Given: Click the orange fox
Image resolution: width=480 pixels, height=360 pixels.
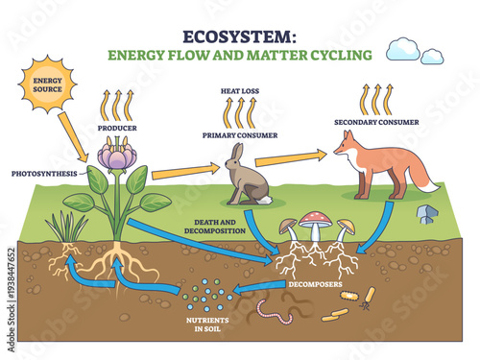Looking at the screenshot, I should coord(370,163).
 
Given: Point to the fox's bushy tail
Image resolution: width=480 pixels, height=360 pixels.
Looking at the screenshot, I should coord(420,176).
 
